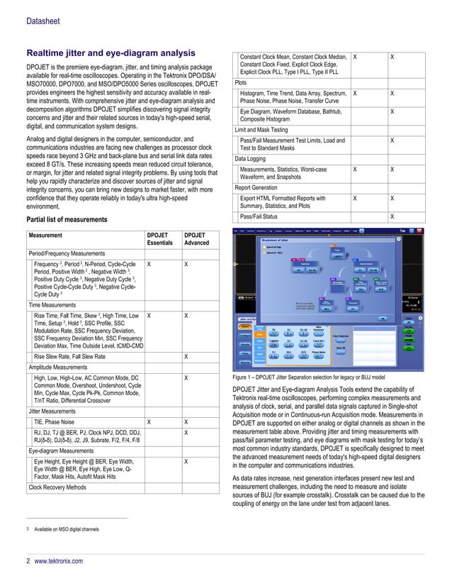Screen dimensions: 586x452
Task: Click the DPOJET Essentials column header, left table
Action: (159, 239)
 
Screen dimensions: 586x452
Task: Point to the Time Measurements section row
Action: (52, 304)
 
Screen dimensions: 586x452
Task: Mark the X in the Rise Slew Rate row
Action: (186, 356)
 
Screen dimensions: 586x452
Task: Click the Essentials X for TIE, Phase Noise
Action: (149, 421)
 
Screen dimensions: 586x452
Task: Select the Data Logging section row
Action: (251, 159)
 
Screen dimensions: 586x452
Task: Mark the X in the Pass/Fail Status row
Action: (392, 216)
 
